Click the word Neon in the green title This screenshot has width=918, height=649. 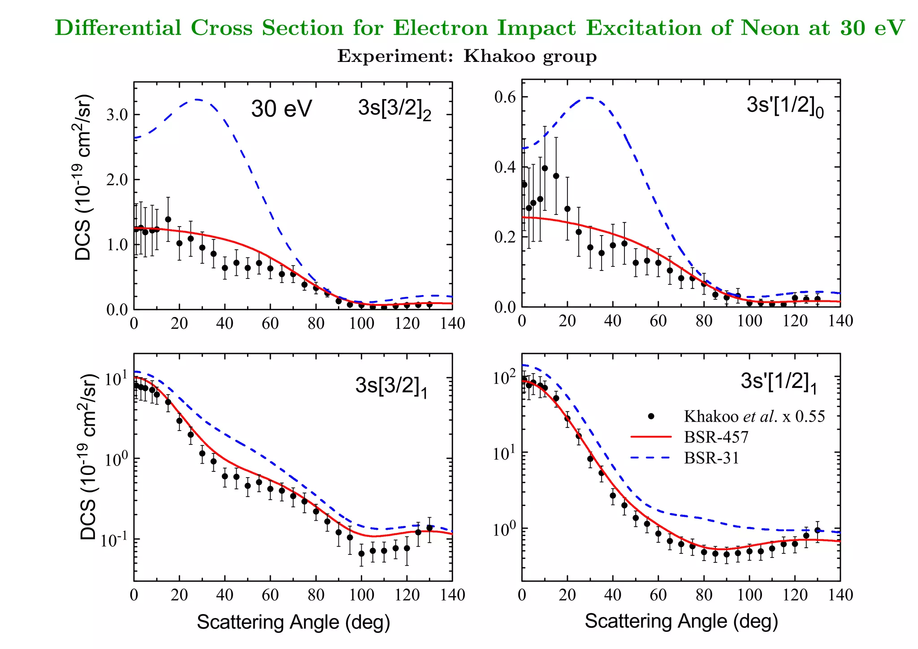pos(770,28)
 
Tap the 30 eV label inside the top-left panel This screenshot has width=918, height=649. pos(281,109)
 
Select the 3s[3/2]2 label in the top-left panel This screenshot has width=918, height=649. pos(394,109)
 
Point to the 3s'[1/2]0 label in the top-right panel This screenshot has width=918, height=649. pos(785,106)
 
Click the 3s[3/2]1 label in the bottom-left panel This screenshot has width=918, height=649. pos(391,386)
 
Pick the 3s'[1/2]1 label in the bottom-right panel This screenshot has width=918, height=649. pos(779,382)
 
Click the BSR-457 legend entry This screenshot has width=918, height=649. pos(716,437)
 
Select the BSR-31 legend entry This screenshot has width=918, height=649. pos(711,457)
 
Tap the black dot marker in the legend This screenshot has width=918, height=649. pos(651,416)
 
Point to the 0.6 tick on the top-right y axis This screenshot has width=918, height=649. pos(505,97)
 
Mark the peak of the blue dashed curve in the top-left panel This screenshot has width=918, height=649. pos(197,100)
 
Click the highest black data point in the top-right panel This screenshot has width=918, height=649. pos(545,168)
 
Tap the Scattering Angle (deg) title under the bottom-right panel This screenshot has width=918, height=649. pos(681,621)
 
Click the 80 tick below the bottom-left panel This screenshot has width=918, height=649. pos(316,595)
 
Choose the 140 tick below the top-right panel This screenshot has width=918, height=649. pos(840,321)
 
